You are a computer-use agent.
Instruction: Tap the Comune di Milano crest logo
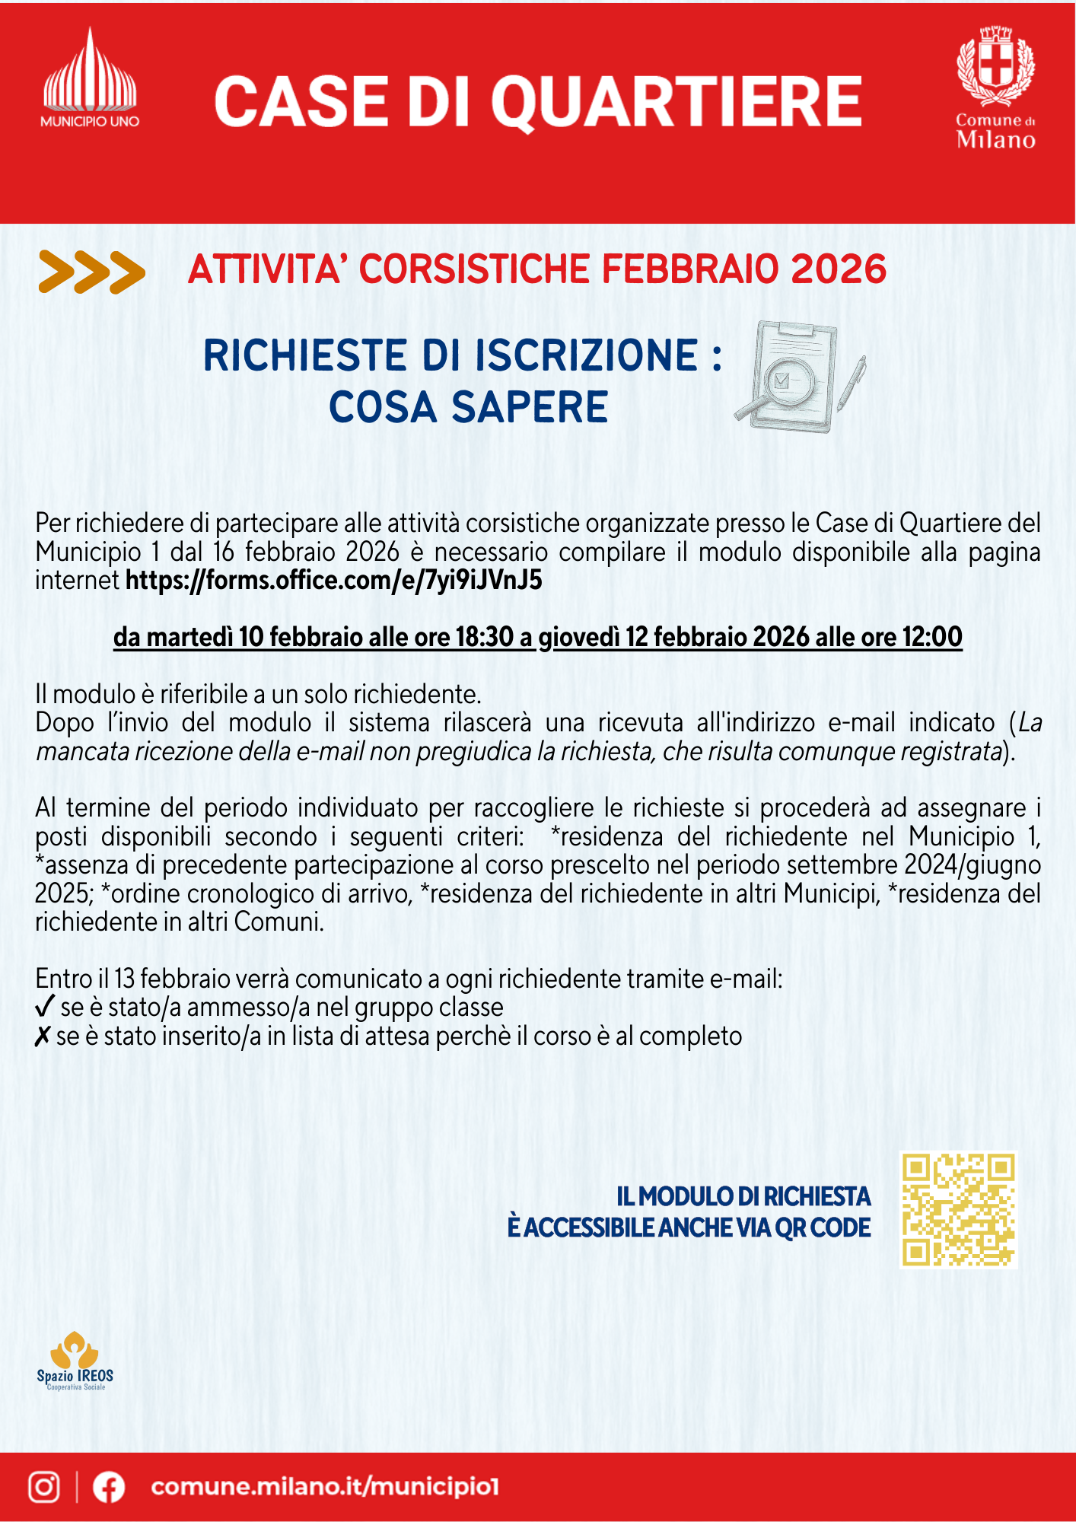pyautogui.click(x=995, y=88)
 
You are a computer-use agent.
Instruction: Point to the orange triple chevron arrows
pyautogui.click(x=91, y=272)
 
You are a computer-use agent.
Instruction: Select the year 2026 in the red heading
pyautogui.click(x=839, y=269)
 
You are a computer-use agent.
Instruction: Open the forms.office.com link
pyautogui.click(x=333, y=581)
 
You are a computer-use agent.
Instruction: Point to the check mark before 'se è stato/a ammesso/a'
pyautogui.click(x=45, y=1007)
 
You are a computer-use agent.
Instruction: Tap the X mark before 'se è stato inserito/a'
pyautogui.click(x=43, y=1036)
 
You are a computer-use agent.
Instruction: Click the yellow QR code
pyautogui.click(x=958, y=1210)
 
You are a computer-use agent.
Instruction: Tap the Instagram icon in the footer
pyautogui.click(x=44, y=1487)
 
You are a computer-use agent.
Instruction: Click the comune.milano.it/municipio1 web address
pyautogui.click(x=325, y=1487)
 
